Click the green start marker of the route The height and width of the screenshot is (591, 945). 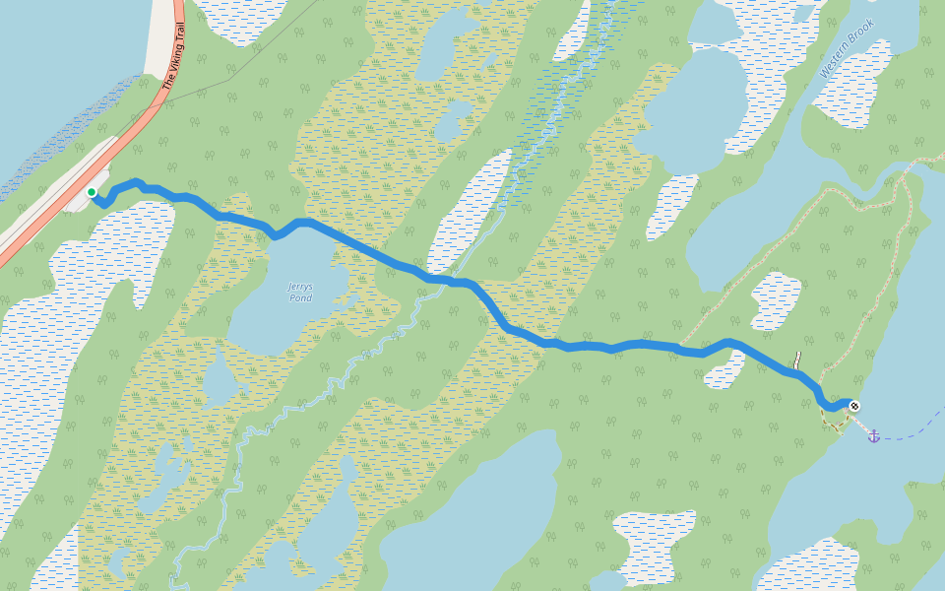pos(91,192)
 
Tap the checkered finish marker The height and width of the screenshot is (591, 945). pos(853,405)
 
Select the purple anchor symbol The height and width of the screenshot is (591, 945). pos(873,435)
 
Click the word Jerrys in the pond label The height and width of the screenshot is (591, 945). pos(299,287)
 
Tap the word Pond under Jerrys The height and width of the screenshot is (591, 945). pos(299,297)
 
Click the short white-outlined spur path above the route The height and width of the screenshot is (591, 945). pos(798,361)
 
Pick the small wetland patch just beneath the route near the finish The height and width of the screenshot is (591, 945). pos(724,370)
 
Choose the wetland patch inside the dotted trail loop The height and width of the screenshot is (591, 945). pos(777,300)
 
